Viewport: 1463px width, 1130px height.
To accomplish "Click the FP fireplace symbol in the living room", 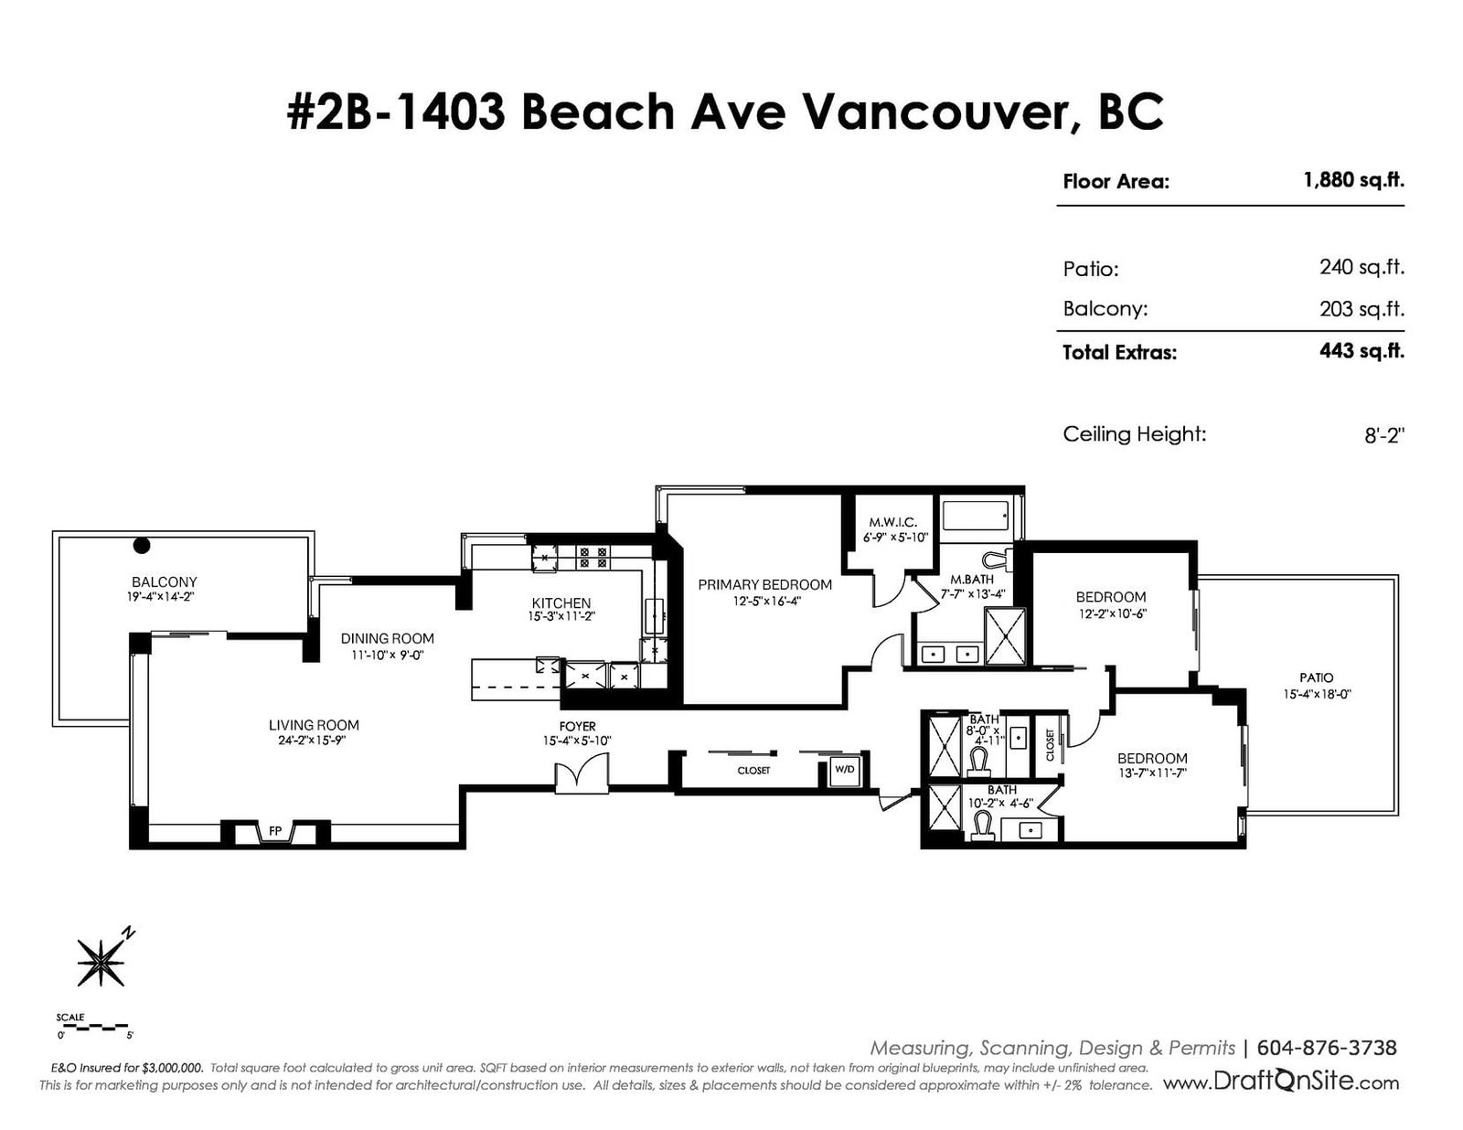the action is coord(275,832).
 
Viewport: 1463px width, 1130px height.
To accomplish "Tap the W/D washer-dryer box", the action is coord(844,769).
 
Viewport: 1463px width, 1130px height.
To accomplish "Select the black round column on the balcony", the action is coord(142,545).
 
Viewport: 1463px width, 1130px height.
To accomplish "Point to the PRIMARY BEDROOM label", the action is coord(764,585).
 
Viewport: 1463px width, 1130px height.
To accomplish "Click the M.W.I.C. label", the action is coord(892,522).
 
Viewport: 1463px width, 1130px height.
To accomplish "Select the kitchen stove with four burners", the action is coord(593,558).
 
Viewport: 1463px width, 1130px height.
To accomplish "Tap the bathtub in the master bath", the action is coord(976,517).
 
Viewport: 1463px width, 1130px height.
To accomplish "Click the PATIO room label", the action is coord(1316,677).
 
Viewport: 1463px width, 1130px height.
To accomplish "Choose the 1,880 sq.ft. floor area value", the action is coord(1354,180).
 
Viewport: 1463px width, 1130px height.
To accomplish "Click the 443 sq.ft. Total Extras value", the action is coord(1362,351).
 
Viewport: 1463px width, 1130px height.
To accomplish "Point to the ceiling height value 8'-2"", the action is coord(1384,435).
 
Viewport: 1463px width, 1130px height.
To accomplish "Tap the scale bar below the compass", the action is coord(94,1027).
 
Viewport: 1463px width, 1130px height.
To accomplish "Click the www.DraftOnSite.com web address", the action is coord(1281,1082).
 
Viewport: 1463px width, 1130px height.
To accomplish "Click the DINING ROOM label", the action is coord(387,638).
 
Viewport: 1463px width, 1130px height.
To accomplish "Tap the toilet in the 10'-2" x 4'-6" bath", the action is coord(982,826).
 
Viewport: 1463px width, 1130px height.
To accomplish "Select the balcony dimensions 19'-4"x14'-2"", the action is coord(161,596).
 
